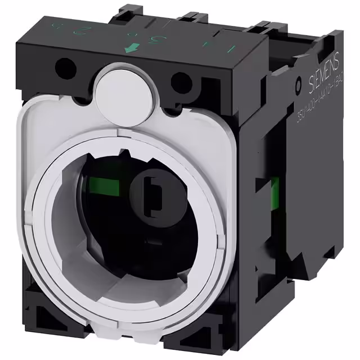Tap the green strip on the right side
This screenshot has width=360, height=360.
[276, 192]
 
